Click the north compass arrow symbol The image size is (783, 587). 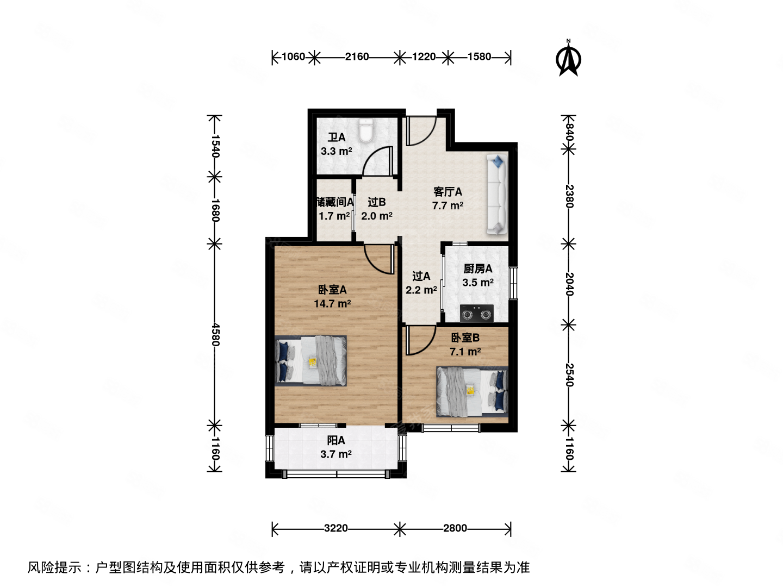(x=569, y=59)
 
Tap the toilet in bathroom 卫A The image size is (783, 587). (x=365, y=130)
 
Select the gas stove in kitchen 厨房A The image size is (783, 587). (x=477, y=314)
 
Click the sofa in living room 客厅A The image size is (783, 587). (x=497, y=195)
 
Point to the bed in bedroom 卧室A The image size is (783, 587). (x=311, y=361)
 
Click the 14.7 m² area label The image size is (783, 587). (x=332, y=304)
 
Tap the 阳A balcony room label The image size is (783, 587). (x=335, y=441)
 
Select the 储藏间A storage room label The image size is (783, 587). (x=335, y=202)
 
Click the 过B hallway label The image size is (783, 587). (x=376, y=202)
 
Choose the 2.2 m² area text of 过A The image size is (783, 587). (x=421, y=290)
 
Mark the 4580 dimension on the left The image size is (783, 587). (x=215, y=334)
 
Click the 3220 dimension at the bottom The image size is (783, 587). (x=335, y=528)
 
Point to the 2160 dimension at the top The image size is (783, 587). (x=357, y=57)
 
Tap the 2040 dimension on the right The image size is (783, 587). (x=569, y=284)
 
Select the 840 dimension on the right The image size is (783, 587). (x=569, y=133)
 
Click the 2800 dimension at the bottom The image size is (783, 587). (x=455, y=528)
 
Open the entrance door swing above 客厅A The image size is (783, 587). (x=421, y=130)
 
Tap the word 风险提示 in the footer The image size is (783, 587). (x=54, y=568)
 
